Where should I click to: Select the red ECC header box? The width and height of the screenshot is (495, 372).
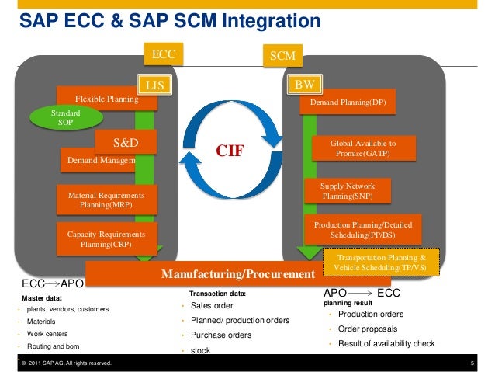click(164, 55)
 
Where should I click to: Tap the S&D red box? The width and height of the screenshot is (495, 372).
click(125, 142)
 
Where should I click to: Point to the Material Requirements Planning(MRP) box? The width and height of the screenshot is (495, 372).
click(101, 200)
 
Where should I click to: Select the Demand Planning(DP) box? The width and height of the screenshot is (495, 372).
click(348, 103)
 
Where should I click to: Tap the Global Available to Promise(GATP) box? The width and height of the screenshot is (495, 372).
click(363, 148)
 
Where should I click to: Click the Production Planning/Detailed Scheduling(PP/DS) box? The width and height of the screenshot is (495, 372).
click(363, 229)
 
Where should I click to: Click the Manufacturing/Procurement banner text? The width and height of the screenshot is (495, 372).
click(237, 275)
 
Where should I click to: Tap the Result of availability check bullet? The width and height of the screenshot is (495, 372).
click(385, 344)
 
